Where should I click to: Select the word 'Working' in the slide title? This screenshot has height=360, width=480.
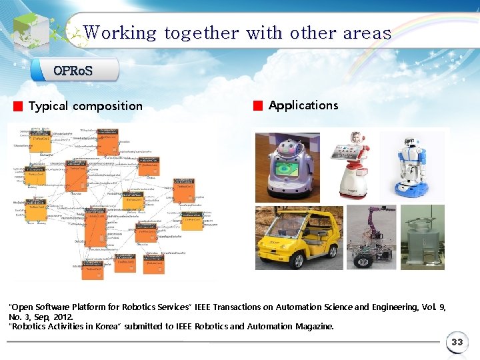(120, 32)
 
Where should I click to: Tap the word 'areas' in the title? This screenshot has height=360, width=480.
(367, 32)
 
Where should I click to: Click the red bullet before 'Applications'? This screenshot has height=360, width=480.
(258, 105)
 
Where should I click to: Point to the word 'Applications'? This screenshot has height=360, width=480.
(303, 105)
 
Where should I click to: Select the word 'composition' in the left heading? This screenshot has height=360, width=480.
(107, 106)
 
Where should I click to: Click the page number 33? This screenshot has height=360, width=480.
(457, 342)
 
